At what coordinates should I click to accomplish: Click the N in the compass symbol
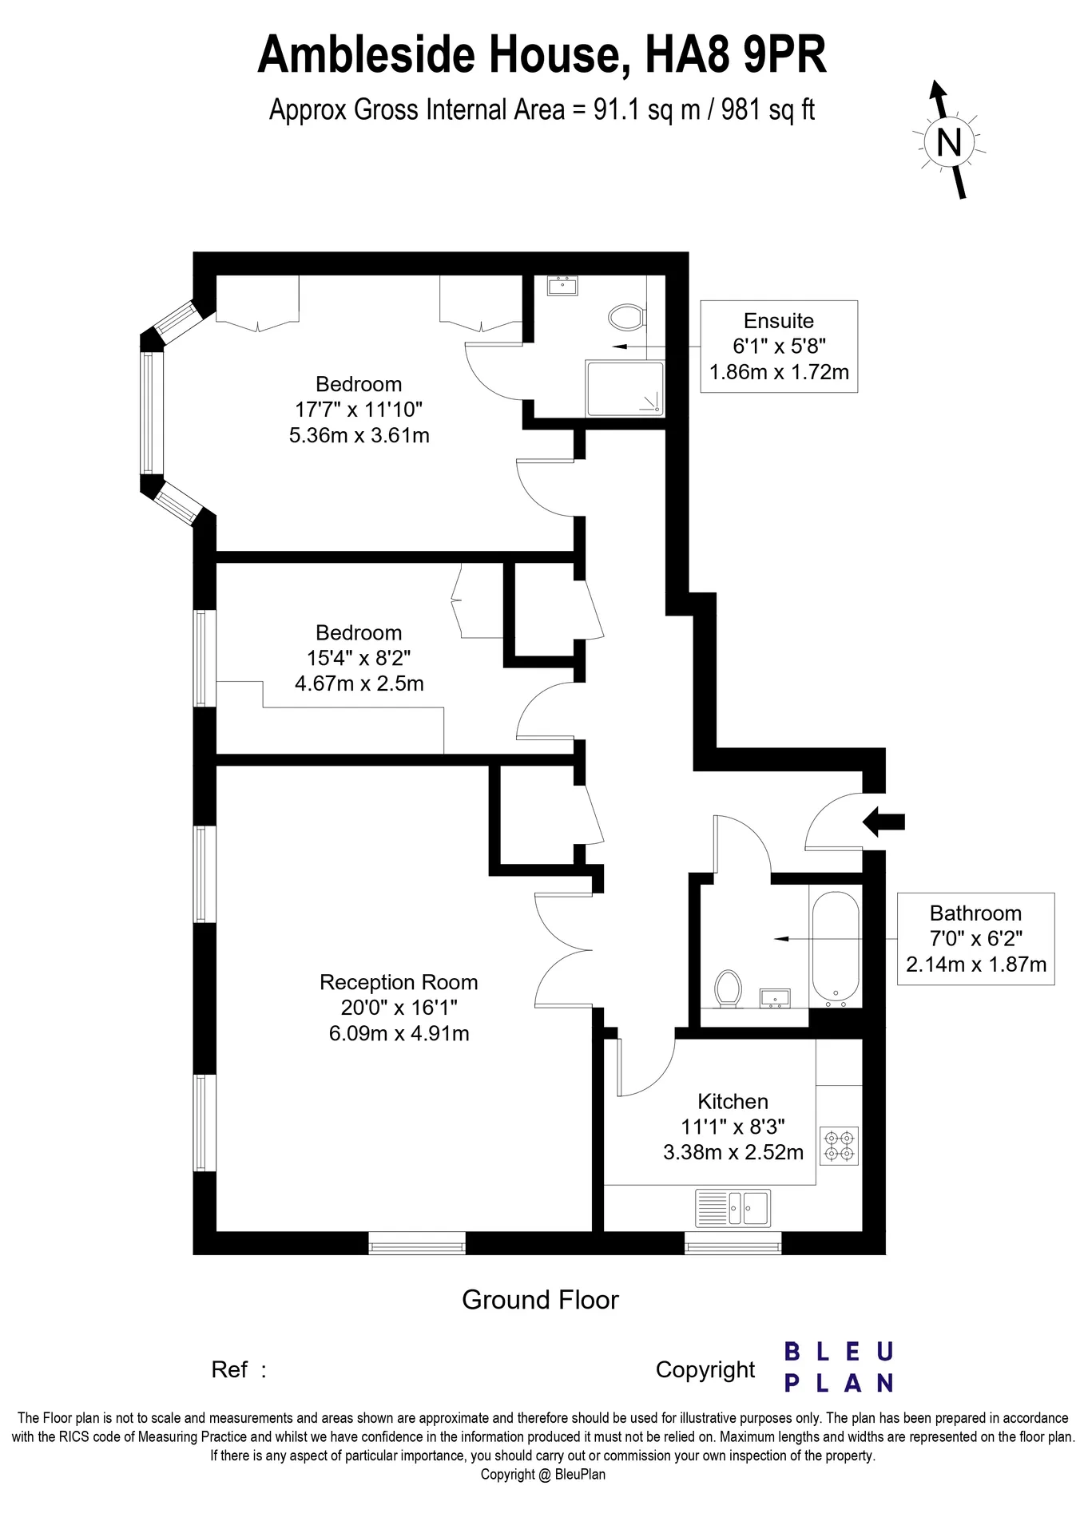pos(948,143)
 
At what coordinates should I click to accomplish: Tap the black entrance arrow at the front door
pos(883,821)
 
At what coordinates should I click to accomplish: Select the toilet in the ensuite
pos(626,317)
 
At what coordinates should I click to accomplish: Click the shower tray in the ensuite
pos(625,388)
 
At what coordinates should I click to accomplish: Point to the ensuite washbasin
pos(564,285)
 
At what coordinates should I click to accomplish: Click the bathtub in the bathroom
pos(836,949)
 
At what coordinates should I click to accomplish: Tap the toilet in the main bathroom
pos(728,988)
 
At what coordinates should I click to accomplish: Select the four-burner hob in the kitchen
pos(839,1145)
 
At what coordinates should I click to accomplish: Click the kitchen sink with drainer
pos(733,1207)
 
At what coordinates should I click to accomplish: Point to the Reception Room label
pos(399,982)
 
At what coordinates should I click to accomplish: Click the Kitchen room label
pos(733,1101)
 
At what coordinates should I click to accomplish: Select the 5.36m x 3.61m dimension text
pos(359,435)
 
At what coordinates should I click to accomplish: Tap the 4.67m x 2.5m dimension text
pos(359,683)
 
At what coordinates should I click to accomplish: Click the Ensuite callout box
pos(779,347)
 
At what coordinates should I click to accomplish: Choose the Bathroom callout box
pos(975,938)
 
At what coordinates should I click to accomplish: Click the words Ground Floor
pos(540,1300)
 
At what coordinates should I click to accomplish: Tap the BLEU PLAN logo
pos(838,1367)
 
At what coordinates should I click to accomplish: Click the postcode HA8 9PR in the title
pos(735,54)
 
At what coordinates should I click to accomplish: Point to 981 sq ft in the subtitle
pos(768,109)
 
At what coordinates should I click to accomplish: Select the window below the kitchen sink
pos(733,1243)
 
